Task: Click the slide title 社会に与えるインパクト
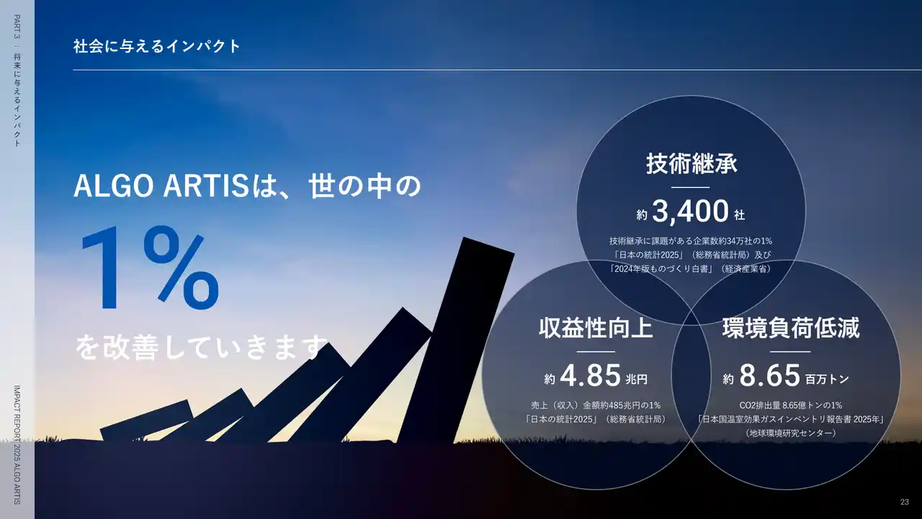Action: coord(157,46)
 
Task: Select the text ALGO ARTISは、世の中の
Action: coord(247,186)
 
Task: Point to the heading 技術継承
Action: coord(691,164)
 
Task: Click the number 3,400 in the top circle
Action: coord(690,211)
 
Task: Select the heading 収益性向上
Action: coord(596,328)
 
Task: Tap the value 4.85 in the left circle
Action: coord(590,376)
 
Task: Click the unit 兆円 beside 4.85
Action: coord(636,379)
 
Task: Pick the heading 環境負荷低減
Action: coord(791,328)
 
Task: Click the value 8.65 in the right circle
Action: coord(769,376)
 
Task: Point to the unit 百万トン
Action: coord(827,379)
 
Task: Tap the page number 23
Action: coord(904,502)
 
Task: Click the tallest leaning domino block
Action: coord(457,342)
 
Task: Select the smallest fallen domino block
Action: coord(147,420)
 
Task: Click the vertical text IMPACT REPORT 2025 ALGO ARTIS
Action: coord(17,445)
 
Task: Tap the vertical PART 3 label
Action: coord(17,27)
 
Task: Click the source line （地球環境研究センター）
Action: coord(791,433)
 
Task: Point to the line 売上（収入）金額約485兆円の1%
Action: coord(596,405)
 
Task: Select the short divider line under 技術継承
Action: coord(690,187)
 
